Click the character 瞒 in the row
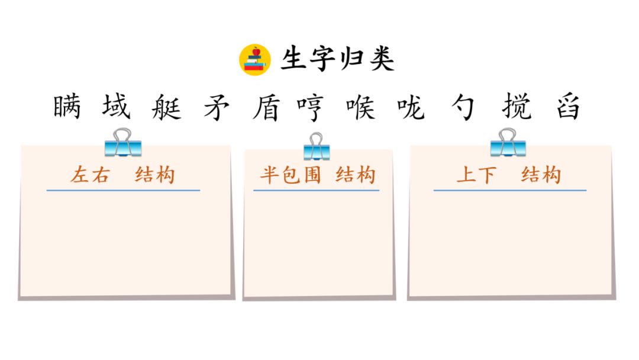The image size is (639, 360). tap(67, 107)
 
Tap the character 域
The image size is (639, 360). tap(116, 107)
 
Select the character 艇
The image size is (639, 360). tap(166, 107)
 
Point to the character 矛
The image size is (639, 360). tap(216, 107)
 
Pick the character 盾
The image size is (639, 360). tap(264, 107)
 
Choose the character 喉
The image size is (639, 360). tap(361, 107)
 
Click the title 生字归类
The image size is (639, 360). tap(337, 59)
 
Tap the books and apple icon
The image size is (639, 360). tap(255, 59)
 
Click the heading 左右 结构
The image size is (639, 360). tap(122, 175)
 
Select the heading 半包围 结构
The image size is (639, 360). tap(317, 175)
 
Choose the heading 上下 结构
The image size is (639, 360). tap(509, 175)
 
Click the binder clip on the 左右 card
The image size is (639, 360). tap(123, 143)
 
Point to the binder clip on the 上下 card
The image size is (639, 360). tap(508, 143)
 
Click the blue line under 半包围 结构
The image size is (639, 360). tap(316, 190)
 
